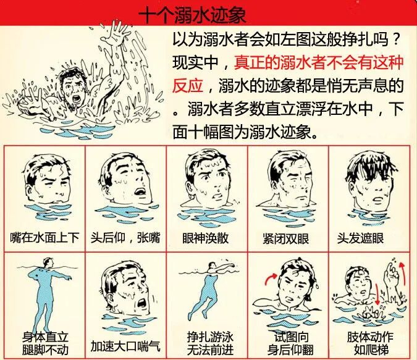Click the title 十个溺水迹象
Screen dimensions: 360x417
(x=191, y=14)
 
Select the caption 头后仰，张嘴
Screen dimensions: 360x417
(x=126, y=238)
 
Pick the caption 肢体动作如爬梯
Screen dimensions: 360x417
(x=370, y=344)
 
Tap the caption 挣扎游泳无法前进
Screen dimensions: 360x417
(x=208, y=344)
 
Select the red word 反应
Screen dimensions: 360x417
(x=189, y=84)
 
